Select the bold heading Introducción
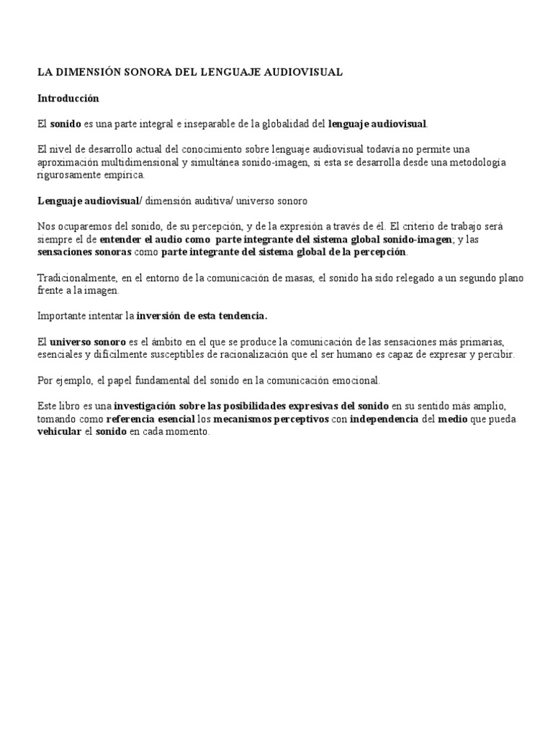pyautogui.click(x=68, y=98)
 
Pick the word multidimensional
pyautogui.click(x=128, y=162)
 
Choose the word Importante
pyautogui.click(x=64, y=315)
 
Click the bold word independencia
pyautogui.click(x=384, y=419)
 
